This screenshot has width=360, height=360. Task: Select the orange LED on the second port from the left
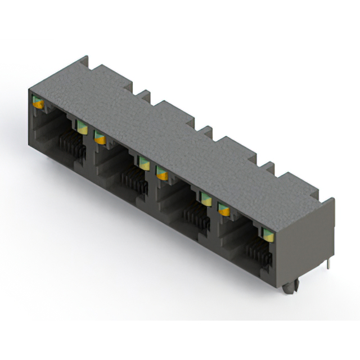pos(100,137)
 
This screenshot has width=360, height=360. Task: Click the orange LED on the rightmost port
pos(224,209)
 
